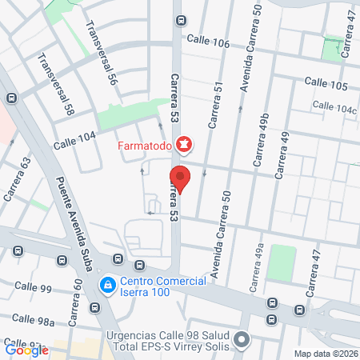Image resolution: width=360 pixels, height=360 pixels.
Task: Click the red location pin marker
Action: (180, 178)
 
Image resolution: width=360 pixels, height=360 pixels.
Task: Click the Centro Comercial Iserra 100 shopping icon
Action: (106, 285)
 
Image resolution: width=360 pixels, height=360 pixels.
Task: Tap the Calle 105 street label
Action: (326, 85)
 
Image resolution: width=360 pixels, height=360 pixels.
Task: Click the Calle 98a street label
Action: (38, 320)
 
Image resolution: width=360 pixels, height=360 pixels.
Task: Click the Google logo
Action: (26, 349)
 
